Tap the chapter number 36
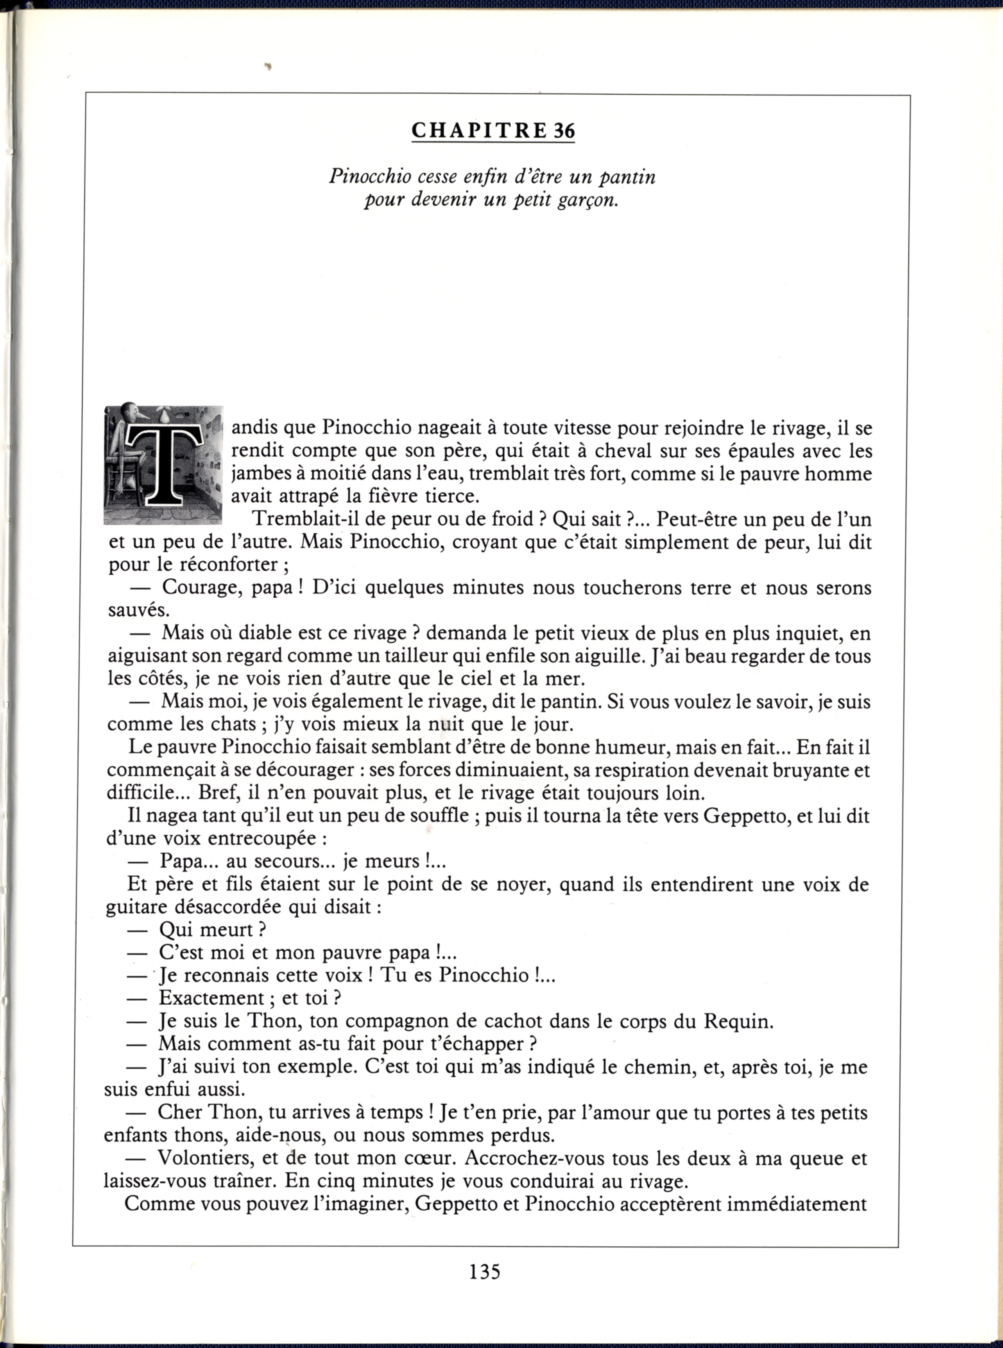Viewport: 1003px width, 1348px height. (563, 131)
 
